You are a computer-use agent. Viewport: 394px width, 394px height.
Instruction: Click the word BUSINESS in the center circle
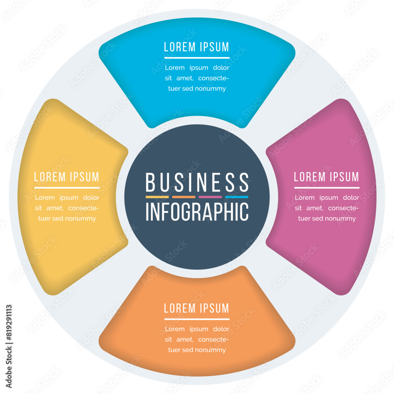tap(197, 182)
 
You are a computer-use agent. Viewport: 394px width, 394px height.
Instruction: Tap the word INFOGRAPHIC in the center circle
tap(197, 212)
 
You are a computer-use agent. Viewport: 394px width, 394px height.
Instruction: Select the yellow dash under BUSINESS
tap(157, 197)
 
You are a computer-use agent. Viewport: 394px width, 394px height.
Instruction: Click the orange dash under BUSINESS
tap(184, 197)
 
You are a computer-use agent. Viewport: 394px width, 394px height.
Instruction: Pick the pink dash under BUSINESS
tap(210, 197)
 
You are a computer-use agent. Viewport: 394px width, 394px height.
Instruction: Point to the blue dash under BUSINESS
tap(237, 197)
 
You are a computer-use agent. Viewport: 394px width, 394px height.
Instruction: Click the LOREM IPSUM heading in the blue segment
tap(197, 47)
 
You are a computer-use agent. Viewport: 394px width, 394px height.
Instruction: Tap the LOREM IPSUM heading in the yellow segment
tap(67, 177)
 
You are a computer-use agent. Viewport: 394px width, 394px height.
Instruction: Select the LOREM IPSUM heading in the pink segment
tap(327, 177)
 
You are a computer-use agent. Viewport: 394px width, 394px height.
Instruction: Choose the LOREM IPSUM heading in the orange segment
tap(197, 308)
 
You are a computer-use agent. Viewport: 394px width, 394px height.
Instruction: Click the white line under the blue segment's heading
tap(197, 58)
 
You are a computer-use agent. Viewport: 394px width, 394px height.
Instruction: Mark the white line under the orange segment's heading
tap(197, 319)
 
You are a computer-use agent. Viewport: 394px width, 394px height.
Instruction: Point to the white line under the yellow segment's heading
tap(67, 188)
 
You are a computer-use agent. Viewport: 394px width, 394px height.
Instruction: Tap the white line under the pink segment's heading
tap(327, 188)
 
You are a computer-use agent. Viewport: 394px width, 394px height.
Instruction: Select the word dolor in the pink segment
tap(351, 198)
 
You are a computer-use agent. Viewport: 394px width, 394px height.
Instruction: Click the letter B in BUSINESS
tap(149, 182)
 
